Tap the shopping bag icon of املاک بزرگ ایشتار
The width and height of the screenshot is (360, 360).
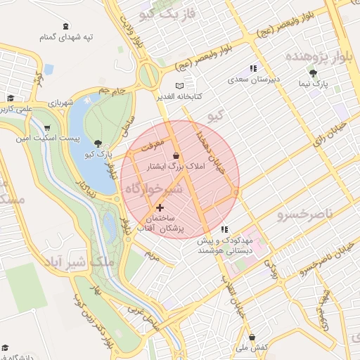pyautogui.click(x=175, y=155)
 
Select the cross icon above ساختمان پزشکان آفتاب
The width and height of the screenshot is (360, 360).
pyautogui.click(x=160, y=207)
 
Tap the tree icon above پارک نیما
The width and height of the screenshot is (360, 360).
pyautogui.click(x=313, y=72)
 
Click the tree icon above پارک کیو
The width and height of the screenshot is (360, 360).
pyautogui.click(x=98, y=143)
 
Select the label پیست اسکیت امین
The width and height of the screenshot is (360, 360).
pyautogui.click(x=47, y=139)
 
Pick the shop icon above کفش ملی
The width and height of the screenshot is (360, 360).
pyautogui.click(x=252, y=337)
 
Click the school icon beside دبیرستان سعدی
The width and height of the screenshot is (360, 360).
pyautogui.click(x=252, y=68)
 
